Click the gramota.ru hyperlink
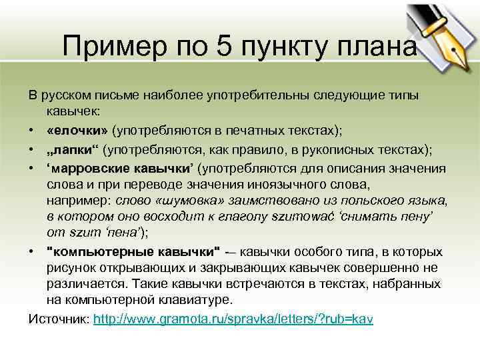[233, 319]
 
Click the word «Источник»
[58, 319]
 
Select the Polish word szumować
[326, 216]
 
